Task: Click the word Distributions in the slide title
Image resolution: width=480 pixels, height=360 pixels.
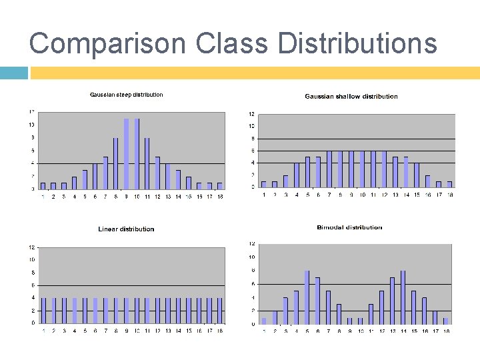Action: [x=357, y=44]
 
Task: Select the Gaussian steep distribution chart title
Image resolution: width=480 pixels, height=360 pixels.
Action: [x=126, y=95]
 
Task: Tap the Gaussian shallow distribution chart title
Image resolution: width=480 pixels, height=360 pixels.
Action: [x=351, y=97]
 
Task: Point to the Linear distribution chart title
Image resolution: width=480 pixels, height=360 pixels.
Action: [x=126, y=229]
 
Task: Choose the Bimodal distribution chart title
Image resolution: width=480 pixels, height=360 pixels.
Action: [x=350, y=227]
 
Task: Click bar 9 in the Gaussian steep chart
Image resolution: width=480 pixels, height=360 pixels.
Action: [x=126, y=154]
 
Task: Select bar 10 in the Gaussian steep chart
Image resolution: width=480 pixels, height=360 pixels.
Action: [x=137, y=154]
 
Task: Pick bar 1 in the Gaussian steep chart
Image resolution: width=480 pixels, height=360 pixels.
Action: [x=43, y=185]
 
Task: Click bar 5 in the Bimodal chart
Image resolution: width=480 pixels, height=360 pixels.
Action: [x=307, y=297]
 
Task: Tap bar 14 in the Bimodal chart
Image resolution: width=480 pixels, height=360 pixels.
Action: [x=403, y=297]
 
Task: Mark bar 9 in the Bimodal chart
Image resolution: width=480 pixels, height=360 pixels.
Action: [x=349, y=321]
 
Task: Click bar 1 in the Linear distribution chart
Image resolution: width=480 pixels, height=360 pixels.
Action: [x=44, y=310]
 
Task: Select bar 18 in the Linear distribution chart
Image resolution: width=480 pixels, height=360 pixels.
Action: [x=219, y=310]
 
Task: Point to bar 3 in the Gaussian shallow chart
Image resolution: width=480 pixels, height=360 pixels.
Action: [x=285, y=181]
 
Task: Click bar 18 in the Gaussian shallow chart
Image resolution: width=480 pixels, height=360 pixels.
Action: [x=449, y=184]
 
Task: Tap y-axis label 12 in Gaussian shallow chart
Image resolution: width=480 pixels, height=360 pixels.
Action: [x=251, y=113]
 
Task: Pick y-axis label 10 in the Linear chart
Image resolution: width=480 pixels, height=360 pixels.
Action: [x=32, y=259]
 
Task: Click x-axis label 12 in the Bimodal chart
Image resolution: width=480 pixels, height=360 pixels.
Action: [x=381, y=331]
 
